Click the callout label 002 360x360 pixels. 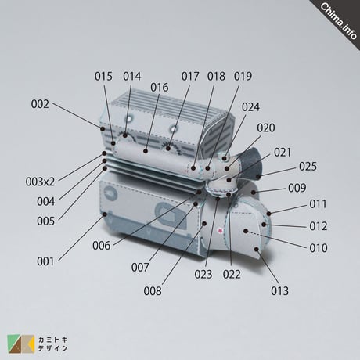point(40,104)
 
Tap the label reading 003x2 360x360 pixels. point(40,182)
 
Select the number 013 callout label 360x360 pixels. point(279,291)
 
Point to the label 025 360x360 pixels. point(308,167)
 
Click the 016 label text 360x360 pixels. point(160,88)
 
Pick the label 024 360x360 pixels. point(250,107)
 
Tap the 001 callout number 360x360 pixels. point(45,261)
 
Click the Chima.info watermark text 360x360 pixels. point(339,21)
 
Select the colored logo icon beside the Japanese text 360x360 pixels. point(21,344)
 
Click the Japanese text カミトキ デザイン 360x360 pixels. point(52,344)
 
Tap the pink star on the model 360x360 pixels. point(220,231)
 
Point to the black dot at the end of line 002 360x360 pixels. point(103,128)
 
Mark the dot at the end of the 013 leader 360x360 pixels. point(257,250)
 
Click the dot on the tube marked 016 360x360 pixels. point(146,151)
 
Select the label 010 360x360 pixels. point(319,248)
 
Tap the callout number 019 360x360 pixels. point(243,77)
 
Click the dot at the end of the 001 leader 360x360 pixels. point(105,214)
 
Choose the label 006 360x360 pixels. point(102,246)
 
